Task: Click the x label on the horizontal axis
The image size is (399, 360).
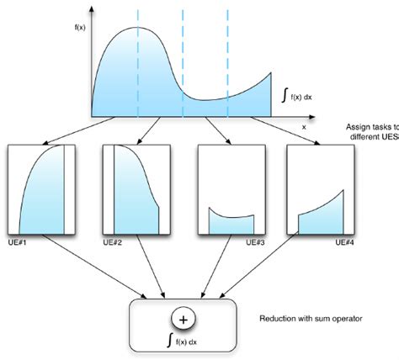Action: (x=303, y=125)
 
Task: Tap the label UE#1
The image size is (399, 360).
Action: (x=18, y=243)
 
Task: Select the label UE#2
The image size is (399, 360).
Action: (x=113, y=243)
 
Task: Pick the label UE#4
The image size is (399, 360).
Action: (x=343, y=243)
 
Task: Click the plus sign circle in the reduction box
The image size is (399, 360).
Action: (x=185, y=320)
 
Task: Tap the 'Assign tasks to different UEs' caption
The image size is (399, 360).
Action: (x=371, y=129)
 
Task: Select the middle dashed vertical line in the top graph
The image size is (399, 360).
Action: (x=183, y=50)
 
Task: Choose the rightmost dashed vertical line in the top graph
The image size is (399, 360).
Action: (x=227, y=50)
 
